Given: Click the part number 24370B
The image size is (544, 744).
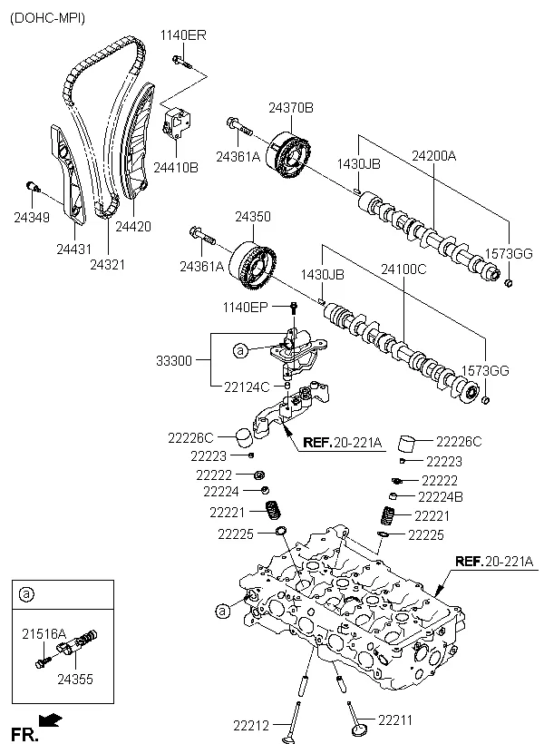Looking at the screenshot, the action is click(291, 108).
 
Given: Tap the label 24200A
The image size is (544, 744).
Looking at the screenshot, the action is click(433, 156).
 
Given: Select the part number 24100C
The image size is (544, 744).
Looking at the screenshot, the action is click(403, 269).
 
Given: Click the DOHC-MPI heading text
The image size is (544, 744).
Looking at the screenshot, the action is click(47, 18).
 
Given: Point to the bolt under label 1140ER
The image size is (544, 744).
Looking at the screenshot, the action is click(181, 62).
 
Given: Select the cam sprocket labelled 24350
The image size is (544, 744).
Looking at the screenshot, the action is click(252, 265).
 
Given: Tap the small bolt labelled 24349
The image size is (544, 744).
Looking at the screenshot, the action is click(33, 185).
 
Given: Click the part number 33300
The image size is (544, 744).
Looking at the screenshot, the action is click(174, 360).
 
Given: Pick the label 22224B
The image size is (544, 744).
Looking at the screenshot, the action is click(440, 497).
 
